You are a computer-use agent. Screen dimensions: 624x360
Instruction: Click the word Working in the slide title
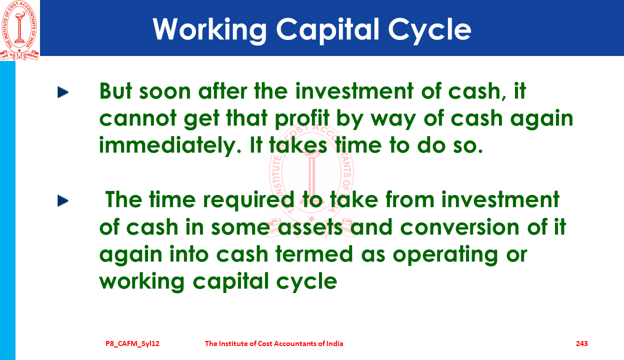(210, 30)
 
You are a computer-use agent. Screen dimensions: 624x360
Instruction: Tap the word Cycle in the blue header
(429, 30)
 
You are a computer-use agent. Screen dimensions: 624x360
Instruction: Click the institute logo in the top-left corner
(19, 30)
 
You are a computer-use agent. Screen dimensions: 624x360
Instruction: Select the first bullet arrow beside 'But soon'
(63, 92)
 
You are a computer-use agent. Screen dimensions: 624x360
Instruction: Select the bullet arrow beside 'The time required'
(63, 200)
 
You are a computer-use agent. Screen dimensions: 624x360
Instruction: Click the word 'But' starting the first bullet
(115, 91)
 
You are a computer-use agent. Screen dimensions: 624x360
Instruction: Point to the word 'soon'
(165, 92)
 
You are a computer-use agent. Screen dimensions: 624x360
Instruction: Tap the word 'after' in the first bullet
(222, 91)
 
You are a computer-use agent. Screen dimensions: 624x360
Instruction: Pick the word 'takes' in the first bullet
(298, 145)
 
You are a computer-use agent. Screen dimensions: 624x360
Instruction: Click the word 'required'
(248, 200)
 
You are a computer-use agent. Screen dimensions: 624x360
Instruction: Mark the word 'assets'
(310, 227)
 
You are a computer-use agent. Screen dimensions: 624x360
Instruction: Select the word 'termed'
(314, 254)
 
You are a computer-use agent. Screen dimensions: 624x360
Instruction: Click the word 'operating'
(445, 255)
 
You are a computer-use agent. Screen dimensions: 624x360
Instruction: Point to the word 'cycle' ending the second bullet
(306, 282)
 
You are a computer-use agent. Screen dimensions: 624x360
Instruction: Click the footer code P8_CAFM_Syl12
(132, 343)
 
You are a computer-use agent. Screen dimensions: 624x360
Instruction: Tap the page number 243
(581, 343)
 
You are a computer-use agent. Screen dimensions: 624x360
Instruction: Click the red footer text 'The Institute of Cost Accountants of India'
(274, 343)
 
